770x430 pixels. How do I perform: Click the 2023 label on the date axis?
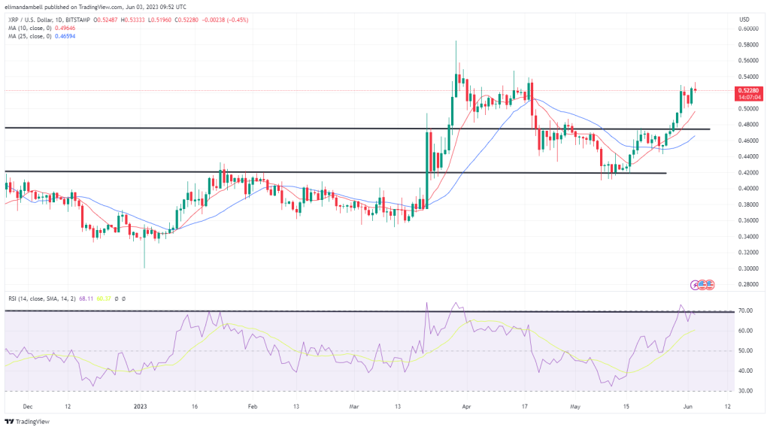[x=139, y=406]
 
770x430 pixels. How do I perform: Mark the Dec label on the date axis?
[x=28, y=406]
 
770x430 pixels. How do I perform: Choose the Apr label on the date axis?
[x=465, y=406]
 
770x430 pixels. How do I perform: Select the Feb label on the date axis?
[x=253, y=406]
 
